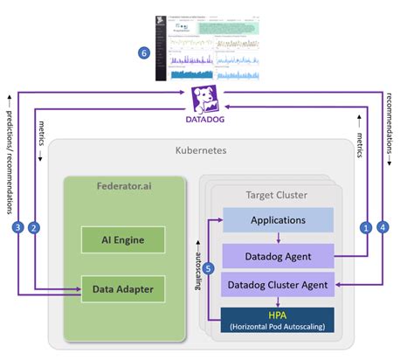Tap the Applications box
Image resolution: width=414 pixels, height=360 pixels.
[278, 220]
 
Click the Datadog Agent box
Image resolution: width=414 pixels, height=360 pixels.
[278, 255]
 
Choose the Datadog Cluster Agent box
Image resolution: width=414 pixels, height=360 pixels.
[278, 284]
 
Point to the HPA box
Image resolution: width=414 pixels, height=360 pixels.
[278, 320]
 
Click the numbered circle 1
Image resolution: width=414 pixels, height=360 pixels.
[367, 228]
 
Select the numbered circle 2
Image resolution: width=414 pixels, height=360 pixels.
[33, 228]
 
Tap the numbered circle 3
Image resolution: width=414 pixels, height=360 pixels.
[16, 228]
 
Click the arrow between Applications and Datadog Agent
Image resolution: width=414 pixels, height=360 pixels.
[278, 238]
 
